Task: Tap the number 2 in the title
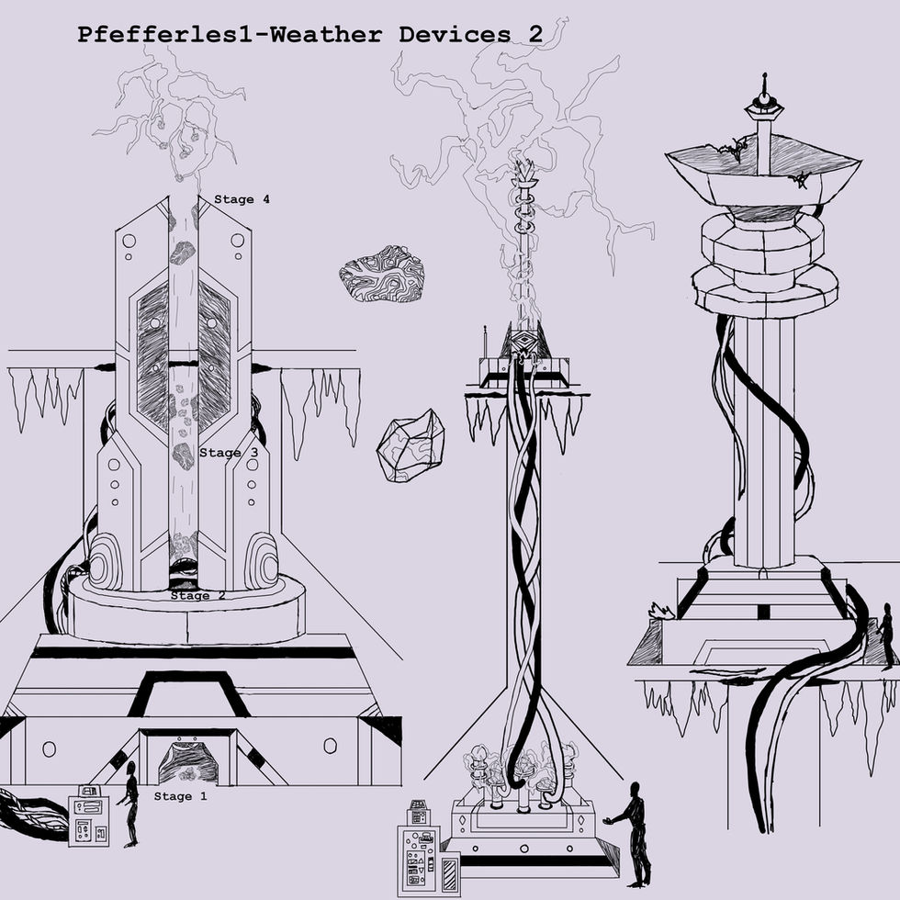tap(534, 35)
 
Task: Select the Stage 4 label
tap(242, 199)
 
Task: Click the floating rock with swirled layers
tap(382, 274)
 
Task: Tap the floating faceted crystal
tap(411, 445)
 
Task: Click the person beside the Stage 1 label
tap(130, 804)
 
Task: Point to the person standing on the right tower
tap(885, 634)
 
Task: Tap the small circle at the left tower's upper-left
tap(129, 241)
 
